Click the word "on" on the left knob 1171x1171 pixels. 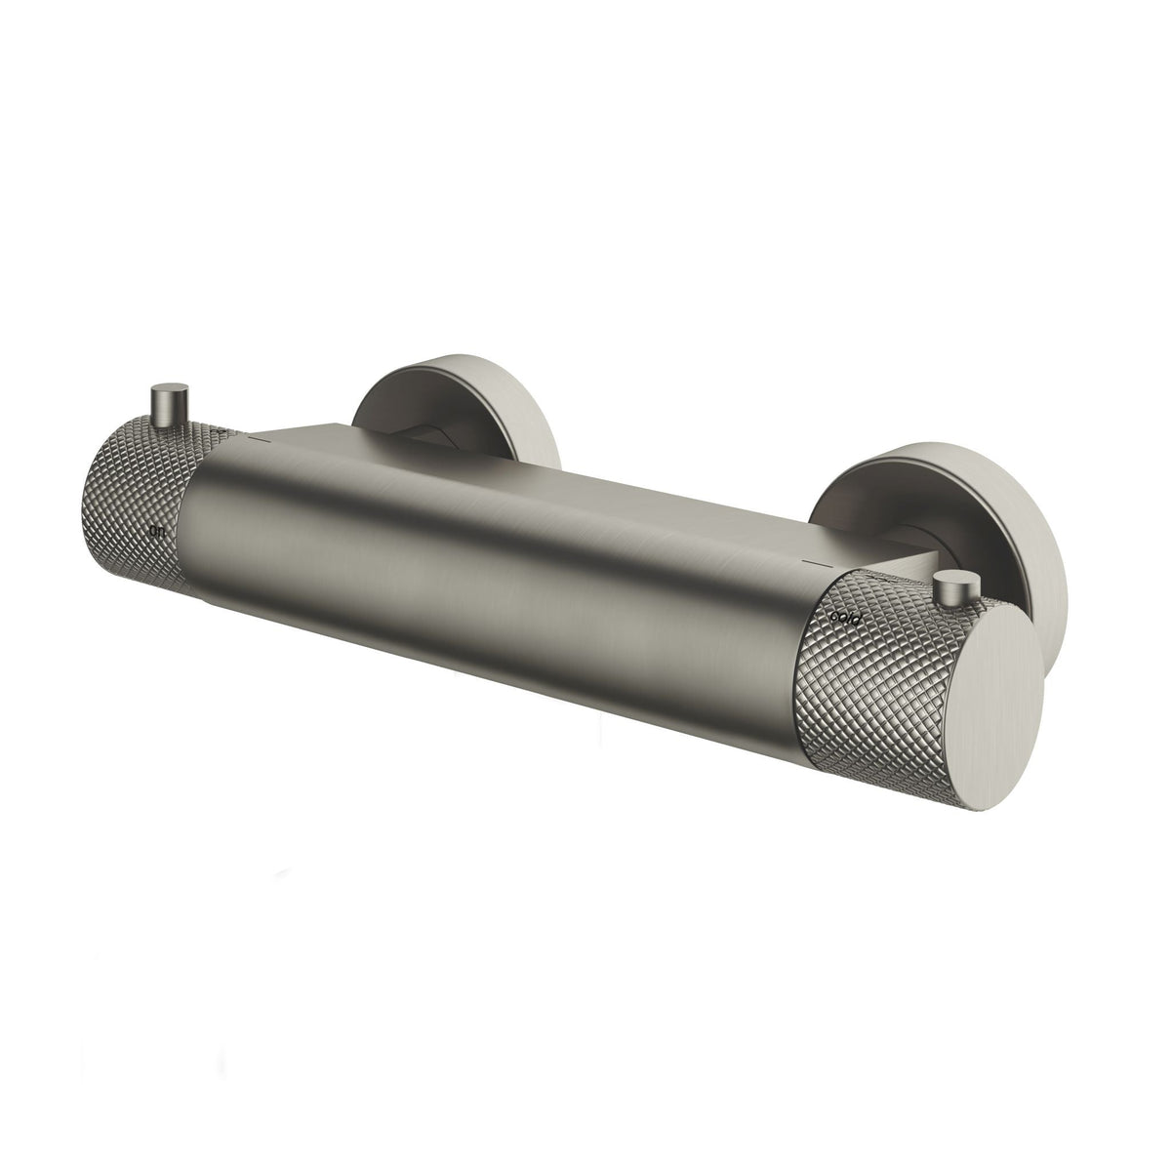click(156, 533)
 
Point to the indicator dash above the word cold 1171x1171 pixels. click(811, 563)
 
